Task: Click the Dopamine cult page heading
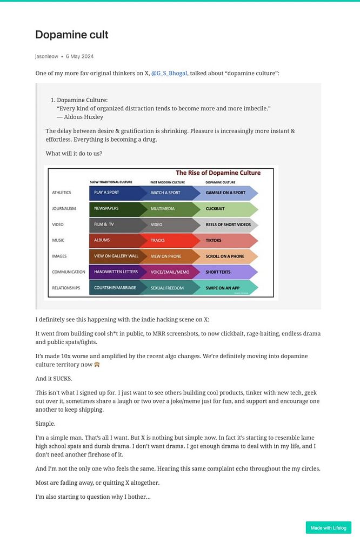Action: (72, 35)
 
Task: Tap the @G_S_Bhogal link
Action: (169, 73)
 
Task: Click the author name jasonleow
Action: (47, 56)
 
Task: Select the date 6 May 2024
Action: (80, 56)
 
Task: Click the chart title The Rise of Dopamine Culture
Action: (218, 173)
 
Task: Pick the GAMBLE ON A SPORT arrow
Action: (227, 193)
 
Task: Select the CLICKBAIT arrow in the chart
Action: (227, 208)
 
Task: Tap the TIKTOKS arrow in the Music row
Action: (227, 240)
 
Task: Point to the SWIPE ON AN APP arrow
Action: (227, 288)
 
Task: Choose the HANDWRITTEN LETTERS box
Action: (115, 272)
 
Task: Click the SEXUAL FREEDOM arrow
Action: (170, 288)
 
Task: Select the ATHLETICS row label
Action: (62, 193)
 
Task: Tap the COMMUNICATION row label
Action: (69, 272)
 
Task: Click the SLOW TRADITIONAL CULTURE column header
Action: (110, 182)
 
